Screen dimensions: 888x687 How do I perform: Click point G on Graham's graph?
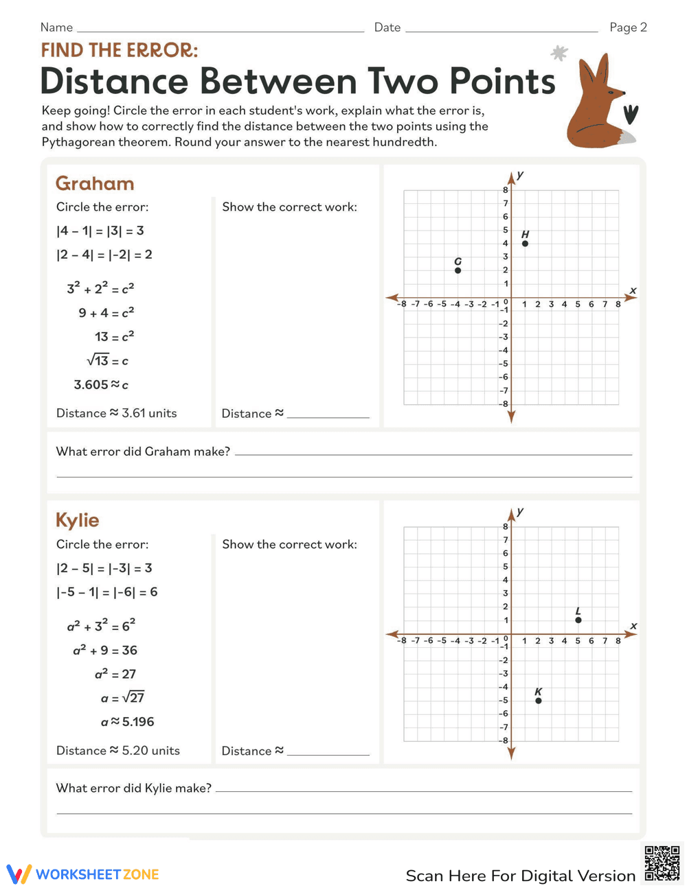pos(458,270)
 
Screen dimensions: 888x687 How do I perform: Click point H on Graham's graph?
pos(526,244)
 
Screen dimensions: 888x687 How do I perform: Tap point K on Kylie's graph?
pos(539,701)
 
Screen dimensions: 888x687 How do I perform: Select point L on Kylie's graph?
pos(578,620)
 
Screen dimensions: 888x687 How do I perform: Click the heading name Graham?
pos(95,184)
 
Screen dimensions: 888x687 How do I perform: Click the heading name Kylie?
pos(78,520)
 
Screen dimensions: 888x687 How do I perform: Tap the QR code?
pos(662,863)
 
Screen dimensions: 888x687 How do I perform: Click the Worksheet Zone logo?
pos(83,874)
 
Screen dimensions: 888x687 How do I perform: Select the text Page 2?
pos(628,27)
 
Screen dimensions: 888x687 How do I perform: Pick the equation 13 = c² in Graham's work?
pos(114,337)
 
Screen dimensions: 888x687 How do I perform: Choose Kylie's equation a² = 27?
pos(115,674)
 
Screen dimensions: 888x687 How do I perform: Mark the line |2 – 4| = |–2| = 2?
pos(104,255)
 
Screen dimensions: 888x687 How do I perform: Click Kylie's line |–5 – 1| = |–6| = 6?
pos(107,592)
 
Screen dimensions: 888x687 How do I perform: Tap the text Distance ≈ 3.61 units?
pos(117,413)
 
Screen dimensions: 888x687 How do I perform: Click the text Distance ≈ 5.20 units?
pos(118,751)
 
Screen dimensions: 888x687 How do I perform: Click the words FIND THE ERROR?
pos(120,50)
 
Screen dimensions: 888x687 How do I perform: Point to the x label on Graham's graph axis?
pos(633,291)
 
